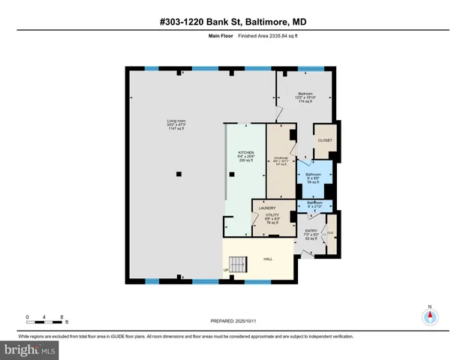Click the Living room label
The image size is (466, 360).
(x=176, y=121)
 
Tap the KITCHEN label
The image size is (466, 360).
(x=246, y=152)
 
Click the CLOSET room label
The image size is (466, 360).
(x=325, y=140)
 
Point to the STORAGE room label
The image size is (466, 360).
(x=281, y=158)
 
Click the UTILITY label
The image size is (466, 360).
(x=272, y=215)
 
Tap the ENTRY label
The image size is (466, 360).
(x=311, y=230)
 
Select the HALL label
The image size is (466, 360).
(x=267, y=259)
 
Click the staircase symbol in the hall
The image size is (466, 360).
(x=239, y=264)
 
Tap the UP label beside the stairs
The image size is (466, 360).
(x=225, y=270)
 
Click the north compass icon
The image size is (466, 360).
(x=430, y=316)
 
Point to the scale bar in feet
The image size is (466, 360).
(x=45, y=320)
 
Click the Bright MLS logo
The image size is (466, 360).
(x=29, y=349)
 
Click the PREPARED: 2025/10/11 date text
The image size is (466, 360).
(x=233, y=320)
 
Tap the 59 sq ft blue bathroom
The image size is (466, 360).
(x=314, y=177)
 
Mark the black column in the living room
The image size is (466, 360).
(x=178, y=174)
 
